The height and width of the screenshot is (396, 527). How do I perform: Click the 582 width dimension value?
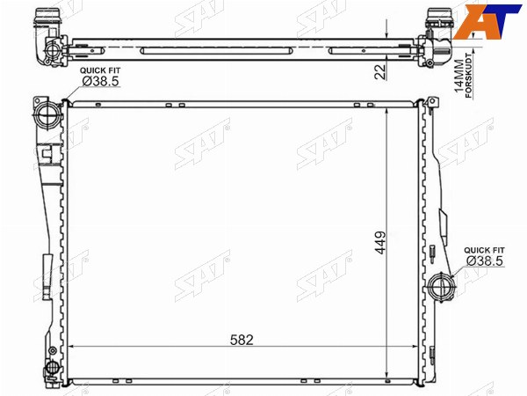[242, 340]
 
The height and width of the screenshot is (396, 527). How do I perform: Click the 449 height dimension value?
[380, 243]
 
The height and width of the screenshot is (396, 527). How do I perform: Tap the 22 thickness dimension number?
[380, 71]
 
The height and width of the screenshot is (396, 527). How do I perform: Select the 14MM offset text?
[458, 76]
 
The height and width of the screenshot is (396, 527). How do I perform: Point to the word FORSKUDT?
[469, 76]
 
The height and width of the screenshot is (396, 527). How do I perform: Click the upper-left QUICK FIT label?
[100, 70]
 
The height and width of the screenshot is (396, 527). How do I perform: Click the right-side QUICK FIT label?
[484, 250]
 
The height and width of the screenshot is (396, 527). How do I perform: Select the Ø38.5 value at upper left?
[100, 81]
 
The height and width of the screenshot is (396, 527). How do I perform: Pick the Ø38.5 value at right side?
[485, 260]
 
